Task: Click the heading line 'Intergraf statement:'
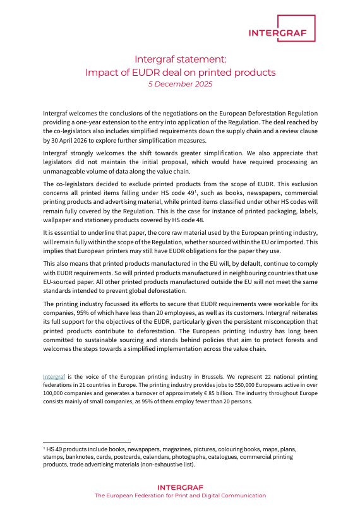[180, 60]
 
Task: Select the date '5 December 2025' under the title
[180, 84]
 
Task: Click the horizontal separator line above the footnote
[86, 442]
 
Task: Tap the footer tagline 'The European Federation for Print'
[152, 496]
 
